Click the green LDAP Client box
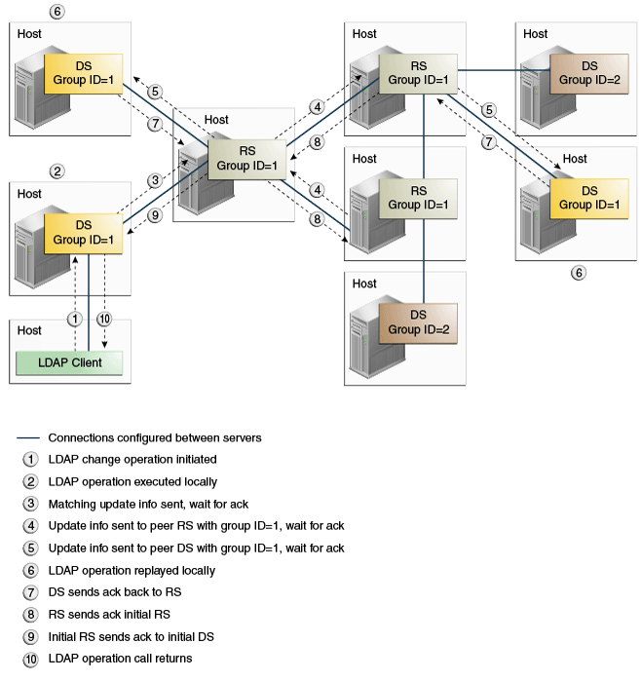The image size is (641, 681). pos(69,362)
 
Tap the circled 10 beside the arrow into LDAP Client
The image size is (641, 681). pos(104,320)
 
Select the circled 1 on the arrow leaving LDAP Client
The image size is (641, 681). pos(75,320)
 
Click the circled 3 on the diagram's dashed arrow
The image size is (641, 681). pos(155,180)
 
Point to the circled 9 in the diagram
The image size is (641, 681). pos(155,215)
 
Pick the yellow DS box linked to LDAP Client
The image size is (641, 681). pos(84,233)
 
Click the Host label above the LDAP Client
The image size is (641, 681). pos(29,330)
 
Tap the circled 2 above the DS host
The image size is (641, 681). pos(57,171)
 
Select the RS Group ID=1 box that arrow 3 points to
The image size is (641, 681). pos(247,159)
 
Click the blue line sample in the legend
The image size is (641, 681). pos(28,438)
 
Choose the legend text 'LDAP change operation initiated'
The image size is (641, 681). pos(132,460)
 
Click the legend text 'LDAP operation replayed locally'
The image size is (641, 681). pos(132,571)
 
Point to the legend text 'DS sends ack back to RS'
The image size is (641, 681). pos(115,592)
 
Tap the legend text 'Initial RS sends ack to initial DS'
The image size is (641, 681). pos(132,637)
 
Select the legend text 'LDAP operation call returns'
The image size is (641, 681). pos(120,659)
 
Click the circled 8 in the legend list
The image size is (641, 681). pos(30,615)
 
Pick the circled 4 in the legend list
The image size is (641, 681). pos(30,526)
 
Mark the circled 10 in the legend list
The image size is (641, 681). pos(30,660)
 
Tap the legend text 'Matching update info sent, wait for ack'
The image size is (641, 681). pos(148,505)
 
